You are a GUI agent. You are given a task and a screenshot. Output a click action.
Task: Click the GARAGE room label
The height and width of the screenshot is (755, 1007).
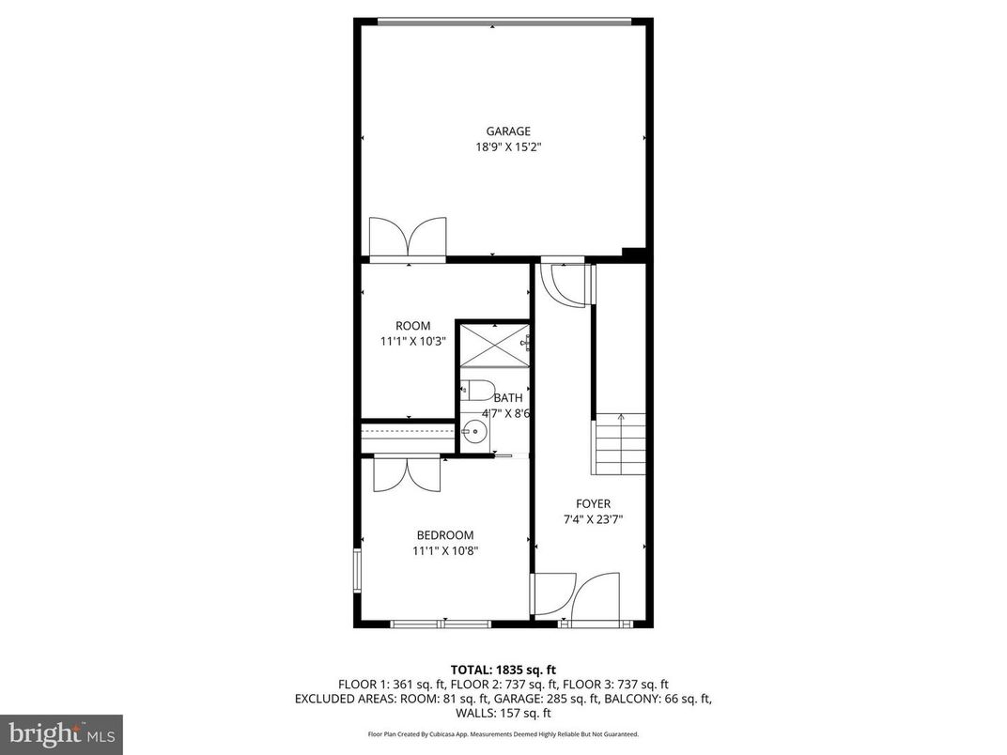coord(507,131)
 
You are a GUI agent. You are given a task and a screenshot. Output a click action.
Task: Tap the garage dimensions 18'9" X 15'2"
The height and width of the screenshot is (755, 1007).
coord(507,147)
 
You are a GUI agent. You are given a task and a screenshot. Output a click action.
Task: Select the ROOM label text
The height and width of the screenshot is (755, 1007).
coord(413,326)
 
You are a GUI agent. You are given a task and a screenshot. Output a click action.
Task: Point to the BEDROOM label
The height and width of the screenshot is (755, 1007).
coord(445,535)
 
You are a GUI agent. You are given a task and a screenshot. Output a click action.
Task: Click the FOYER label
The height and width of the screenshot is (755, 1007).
coord(593,503)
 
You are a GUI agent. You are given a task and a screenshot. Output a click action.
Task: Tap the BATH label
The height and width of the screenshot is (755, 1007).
coord(508,397)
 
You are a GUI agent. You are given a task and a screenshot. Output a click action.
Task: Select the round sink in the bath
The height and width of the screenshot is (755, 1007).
coord(475,433)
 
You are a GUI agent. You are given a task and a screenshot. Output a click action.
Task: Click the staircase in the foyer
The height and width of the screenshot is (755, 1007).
coord(620,443)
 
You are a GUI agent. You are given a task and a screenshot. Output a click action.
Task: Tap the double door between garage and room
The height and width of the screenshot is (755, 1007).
coord(408,239)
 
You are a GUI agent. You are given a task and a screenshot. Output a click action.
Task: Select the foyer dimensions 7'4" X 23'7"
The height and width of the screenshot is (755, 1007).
coord(593,519)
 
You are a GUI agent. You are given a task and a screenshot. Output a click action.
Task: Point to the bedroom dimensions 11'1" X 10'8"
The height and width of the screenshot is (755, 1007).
coord(445,551)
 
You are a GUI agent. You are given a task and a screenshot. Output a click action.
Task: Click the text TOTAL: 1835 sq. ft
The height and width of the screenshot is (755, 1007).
coord(503,670)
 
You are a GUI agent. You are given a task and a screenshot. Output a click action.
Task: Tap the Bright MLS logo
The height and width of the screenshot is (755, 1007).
coord(61,733)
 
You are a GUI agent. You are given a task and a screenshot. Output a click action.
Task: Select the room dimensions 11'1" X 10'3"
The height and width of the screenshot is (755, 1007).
coord(413,342)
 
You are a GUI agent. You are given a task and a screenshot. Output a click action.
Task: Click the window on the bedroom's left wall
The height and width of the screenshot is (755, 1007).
coord(357,571)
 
